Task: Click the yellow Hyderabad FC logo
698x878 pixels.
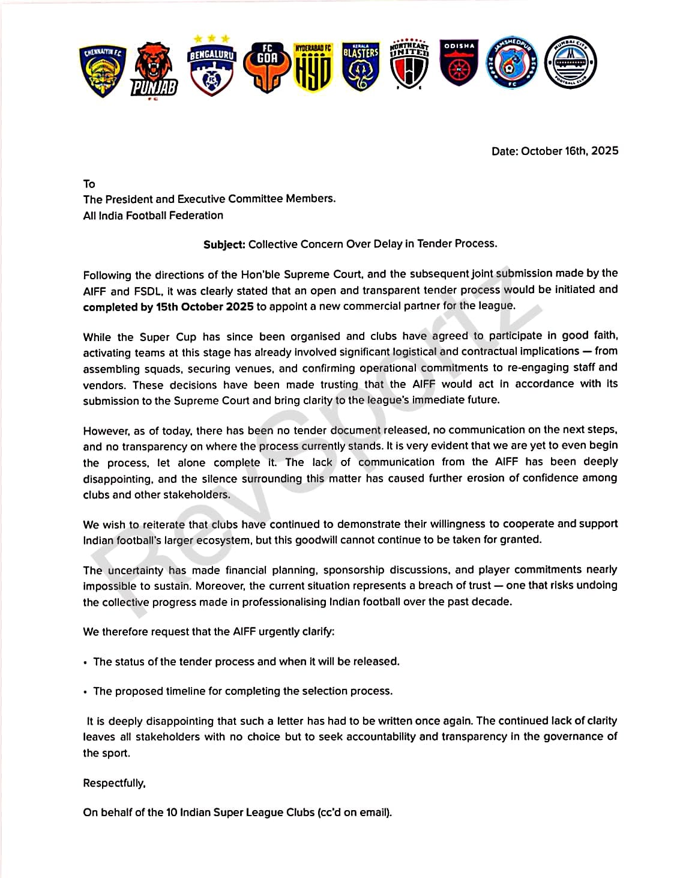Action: coord(313,67)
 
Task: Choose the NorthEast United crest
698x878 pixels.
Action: coord(409,65)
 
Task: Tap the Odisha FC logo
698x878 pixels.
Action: coord(459,63)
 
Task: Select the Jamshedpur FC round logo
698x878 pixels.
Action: coord(512,62)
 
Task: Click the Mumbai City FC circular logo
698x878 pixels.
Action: coord(570,62)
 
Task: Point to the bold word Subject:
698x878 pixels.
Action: coord(224,244)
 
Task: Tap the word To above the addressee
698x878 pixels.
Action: coord(89,184)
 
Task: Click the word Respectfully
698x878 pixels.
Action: coord(114,783)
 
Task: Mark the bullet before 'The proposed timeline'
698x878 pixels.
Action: coord(85,692)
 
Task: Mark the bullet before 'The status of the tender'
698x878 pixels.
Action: coord(85,662)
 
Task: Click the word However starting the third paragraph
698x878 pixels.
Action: coord(106,431)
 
